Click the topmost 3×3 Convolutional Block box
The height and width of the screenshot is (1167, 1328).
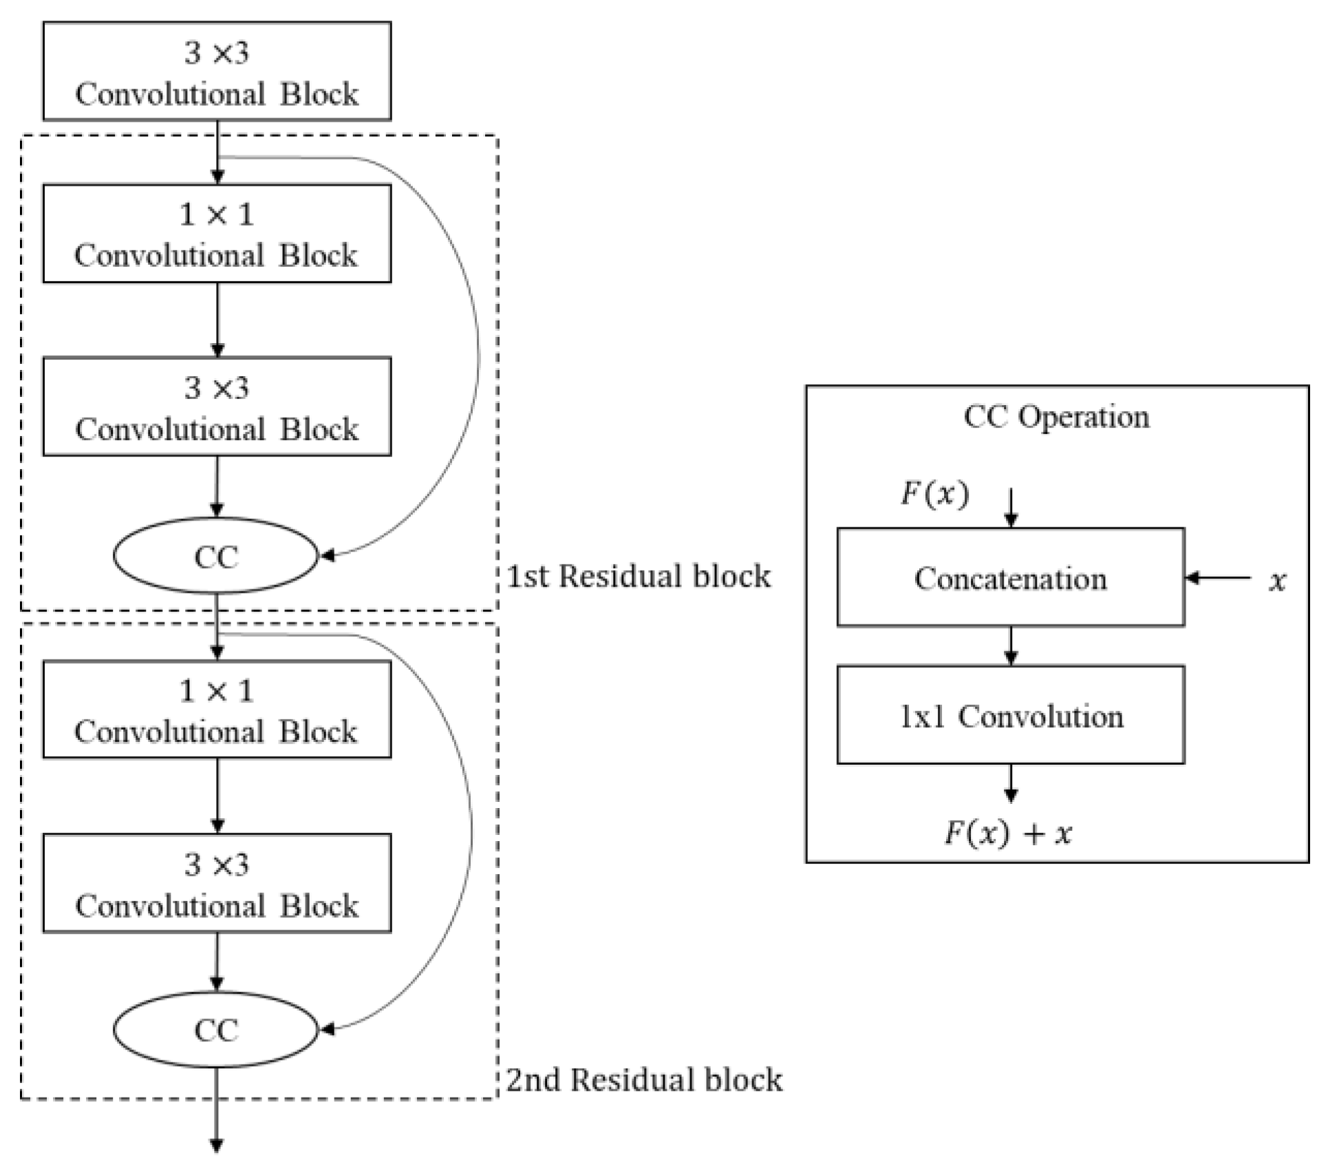tap(217, 72)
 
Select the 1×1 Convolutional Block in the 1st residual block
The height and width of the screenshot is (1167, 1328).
tap(217, 234)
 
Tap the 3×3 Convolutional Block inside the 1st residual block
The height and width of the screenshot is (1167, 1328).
tap(217, 406)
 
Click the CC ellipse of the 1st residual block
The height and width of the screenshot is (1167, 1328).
tap(216, 556)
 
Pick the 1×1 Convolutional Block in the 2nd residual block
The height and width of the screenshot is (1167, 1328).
tap(217, 710)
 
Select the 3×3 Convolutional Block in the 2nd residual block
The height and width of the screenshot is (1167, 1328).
tap(217, 884)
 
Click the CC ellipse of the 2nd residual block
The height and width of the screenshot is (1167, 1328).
tap(216, 1029)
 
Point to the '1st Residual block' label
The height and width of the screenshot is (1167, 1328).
tap(639, 576)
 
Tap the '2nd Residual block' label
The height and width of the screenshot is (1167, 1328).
tap(644, 1080)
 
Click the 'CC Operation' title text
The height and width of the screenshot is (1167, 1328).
tap(1056, 417)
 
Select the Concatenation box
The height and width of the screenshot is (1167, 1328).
tap(1010, 578)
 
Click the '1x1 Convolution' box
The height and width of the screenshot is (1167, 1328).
tap(1010, 715)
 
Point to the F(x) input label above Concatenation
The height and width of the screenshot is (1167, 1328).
tap(935, 494)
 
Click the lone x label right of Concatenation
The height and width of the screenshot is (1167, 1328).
tap(1277, 582)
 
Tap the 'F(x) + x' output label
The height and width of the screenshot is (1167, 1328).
tap(1008, 833)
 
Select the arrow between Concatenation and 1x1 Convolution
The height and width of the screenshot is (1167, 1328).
tap(1010, 646)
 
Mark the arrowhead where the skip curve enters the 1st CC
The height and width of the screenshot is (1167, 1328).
tap(328, 556)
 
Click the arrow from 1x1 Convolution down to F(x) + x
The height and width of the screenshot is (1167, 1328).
tap(1010, 783)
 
